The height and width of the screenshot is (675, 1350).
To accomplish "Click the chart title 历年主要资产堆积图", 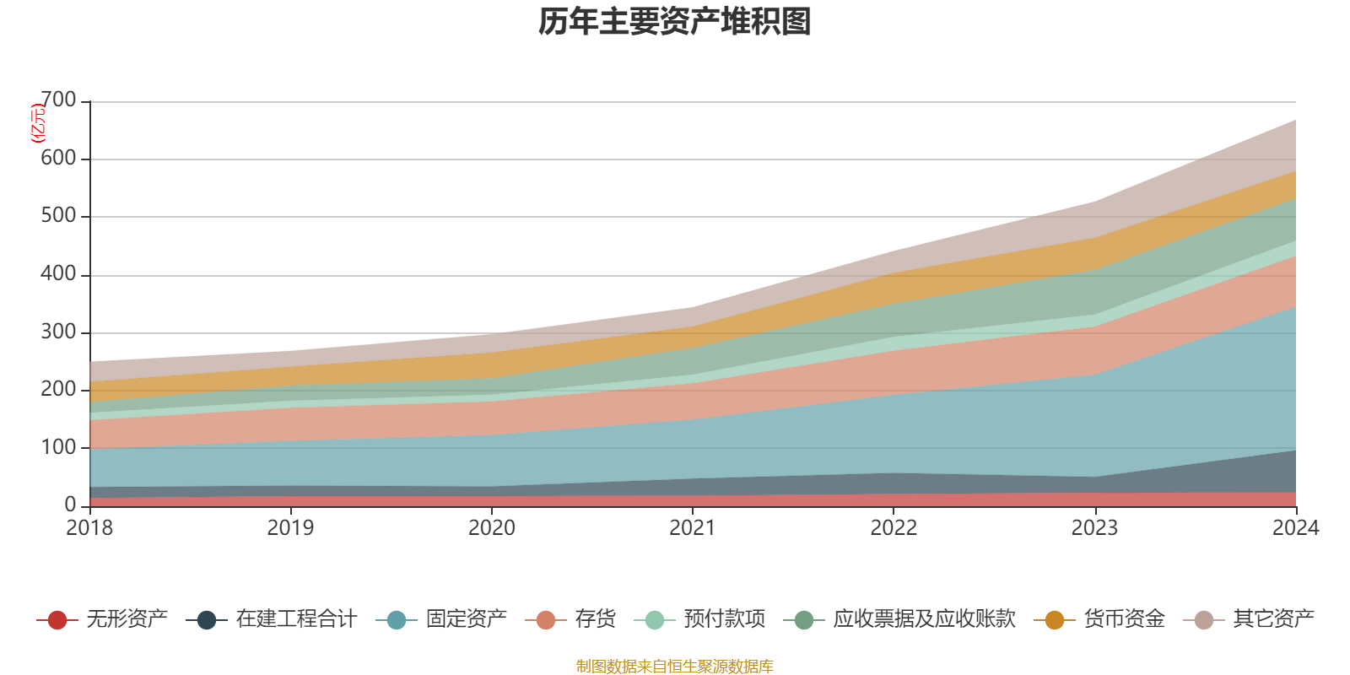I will pyautogui.click(x=675, y=22).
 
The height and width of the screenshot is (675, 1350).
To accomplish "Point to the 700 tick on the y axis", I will pyautogui.click(x=58, y=100).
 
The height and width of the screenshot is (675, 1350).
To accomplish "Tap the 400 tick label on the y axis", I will pyautogui.click(x=58, y=274).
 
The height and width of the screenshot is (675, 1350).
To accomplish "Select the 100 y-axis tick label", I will pyautogui.click(x=58, y=447).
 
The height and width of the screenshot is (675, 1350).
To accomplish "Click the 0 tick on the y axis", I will pyautogui.click(x=70, y=505).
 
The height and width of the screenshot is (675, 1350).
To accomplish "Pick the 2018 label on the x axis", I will pyautogui.click(x=89, y=528).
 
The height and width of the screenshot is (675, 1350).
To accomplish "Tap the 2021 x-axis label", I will pyautogui.click(x=693, y=528).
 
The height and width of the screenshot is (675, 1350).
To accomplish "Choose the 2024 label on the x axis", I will pyautogui.click(x=1295, y=528).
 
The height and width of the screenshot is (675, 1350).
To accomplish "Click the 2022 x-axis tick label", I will pyautogui.click(x=894, y=528).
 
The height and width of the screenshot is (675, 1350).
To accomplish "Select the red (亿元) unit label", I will pyautogui.click(x=37, y=123).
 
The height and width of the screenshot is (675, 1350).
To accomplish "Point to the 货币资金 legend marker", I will pyautogui.click(x=1055, y=620).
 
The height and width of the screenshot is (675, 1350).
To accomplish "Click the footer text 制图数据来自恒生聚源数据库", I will pyautogui.click(x=675, y=667).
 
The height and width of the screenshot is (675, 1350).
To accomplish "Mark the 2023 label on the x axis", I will pyautogui.click(x=1094, y=528).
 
